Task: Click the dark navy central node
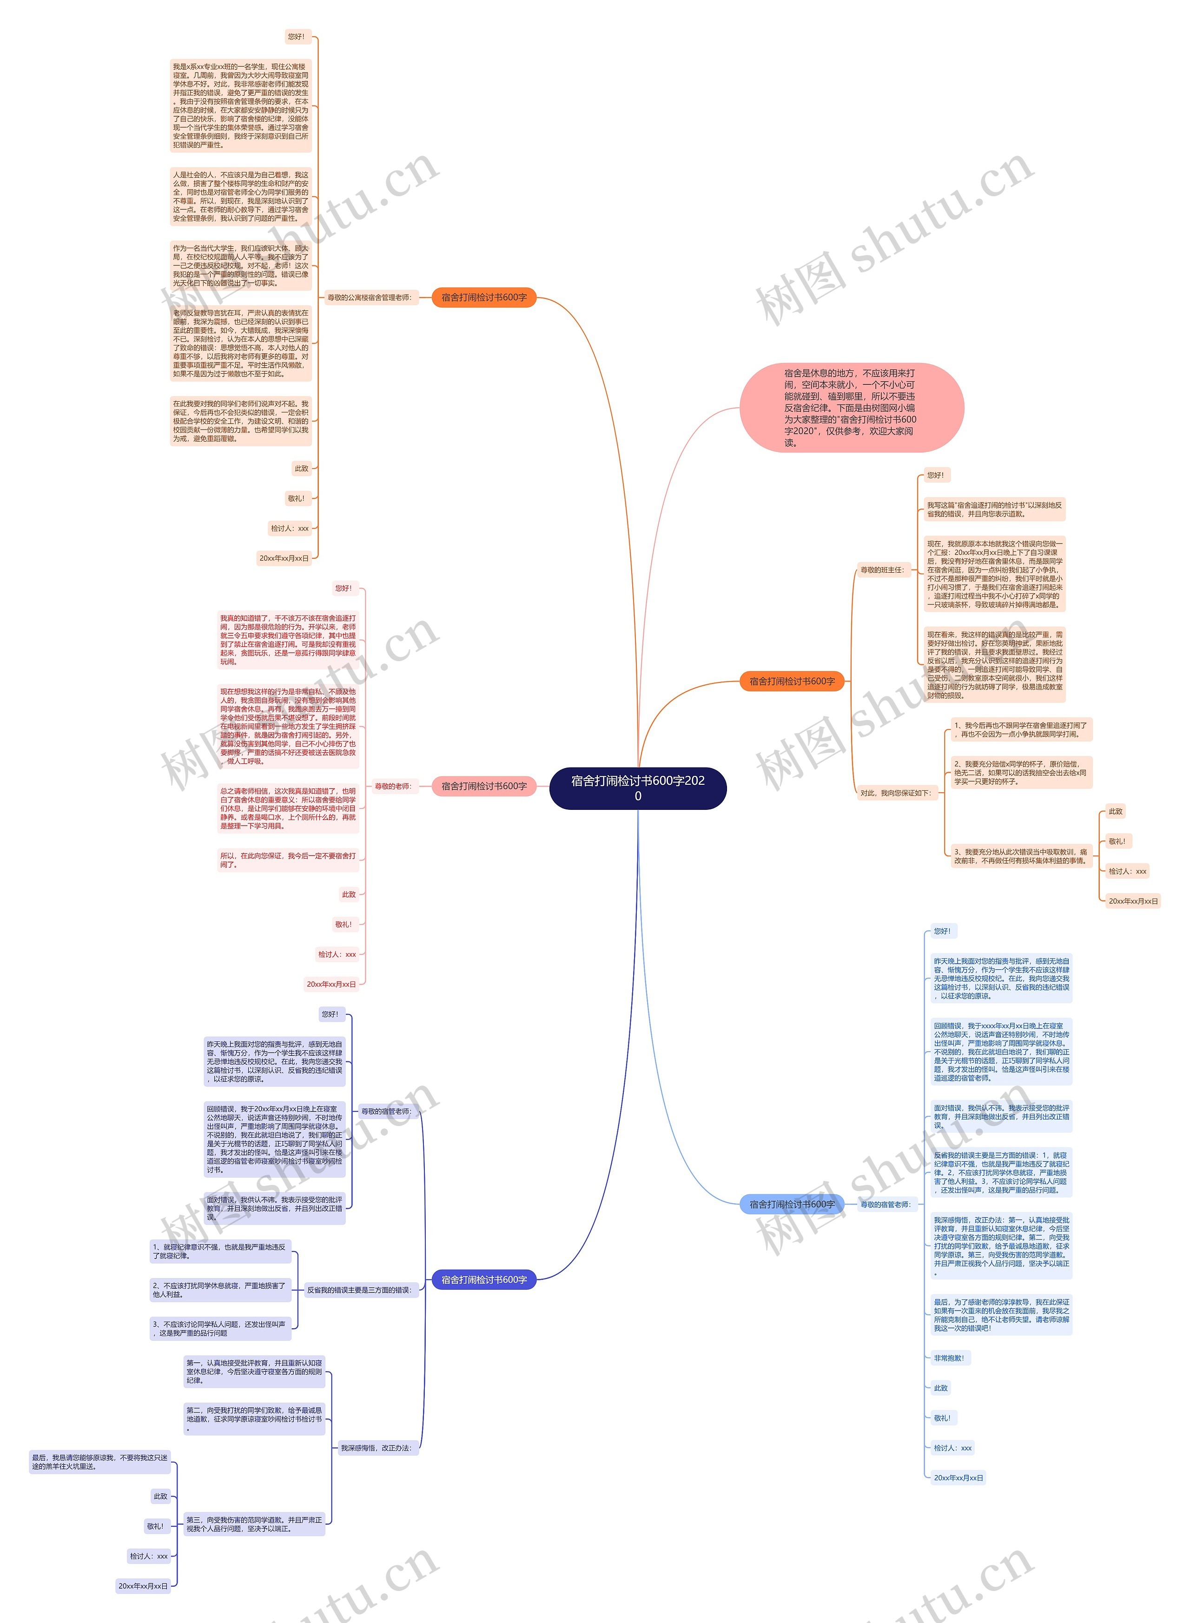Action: coord(637,788)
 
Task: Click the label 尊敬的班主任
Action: coord(882,570)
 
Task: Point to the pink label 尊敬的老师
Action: coord(393,786)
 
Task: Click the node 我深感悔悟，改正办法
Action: coord(377,1447)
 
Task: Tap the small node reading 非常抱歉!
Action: coord(949,1358)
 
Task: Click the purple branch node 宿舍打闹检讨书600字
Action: coord(484,1279)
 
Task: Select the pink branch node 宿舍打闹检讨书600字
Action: coord(484,786)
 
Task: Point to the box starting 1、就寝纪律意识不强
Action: coord(220,1251)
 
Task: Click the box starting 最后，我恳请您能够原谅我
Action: coord(100,1462)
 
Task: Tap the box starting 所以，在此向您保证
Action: coord(288,860)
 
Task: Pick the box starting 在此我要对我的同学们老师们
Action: coord(241,421)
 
